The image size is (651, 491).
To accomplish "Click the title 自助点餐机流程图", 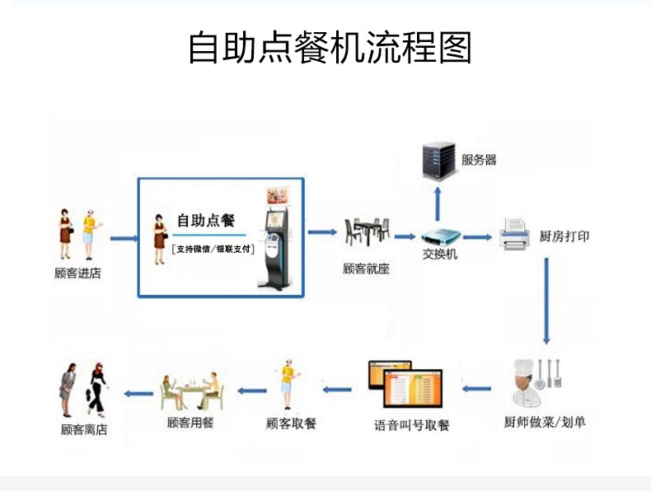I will coord(330,48).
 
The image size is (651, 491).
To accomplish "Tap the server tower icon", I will coord(438,160).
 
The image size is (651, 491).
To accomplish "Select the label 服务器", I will coord(479,160).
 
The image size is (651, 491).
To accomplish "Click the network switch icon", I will coord(439,236).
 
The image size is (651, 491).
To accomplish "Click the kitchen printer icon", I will coord(515,234).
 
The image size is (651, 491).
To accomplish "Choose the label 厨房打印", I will coord(564,236).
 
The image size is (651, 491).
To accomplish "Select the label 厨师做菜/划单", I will coord(544,423).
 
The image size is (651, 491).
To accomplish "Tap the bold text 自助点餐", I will coord(206,221).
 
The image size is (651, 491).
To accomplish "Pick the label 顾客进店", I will coord(77,273).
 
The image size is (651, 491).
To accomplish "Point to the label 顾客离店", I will coord(84,429).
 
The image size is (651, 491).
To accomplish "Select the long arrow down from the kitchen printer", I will coord(546,301).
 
